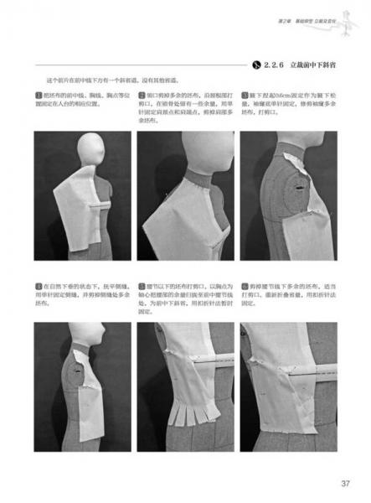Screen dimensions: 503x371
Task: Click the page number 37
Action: (x=344, y=482)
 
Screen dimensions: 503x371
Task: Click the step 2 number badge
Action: (x=142, y=94)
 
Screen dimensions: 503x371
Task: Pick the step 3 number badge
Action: (x=244, y=94)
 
